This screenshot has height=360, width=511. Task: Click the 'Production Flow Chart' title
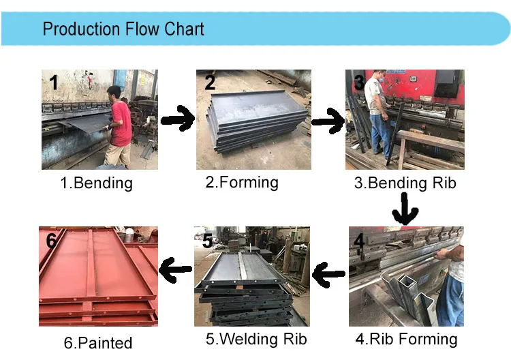click(x=123, y=29)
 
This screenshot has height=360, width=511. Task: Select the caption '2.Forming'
click(x=242, y=182)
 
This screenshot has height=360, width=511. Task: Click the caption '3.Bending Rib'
click(x=405, y=183)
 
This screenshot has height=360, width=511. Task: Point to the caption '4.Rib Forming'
click(x=406, y=339)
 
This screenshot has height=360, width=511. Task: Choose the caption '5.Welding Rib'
click(x=256, y=339)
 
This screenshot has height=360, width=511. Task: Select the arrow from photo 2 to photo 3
click(x=327, y=121)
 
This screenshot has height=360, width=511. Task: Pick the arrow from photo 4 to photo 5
click(x=329, y=275)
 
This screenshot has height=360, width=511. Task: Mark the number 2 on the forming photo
click(x=210, y=82)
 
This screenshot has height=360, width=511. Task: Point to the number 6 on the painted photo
click(x=52, y=241)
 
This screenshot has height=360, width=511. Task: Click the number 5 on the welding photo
click(x=208, y=240)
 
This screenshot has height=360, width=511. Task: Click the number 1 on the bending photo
click(x=54, y=83)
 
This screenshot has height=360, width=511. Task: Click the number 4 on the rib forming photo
click(x=359, y=241)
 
